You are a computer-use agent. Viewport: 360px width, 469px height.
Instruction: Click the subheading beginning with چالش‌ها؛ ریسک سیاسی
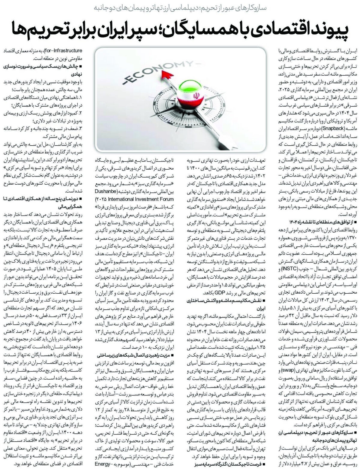(49, 65)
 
